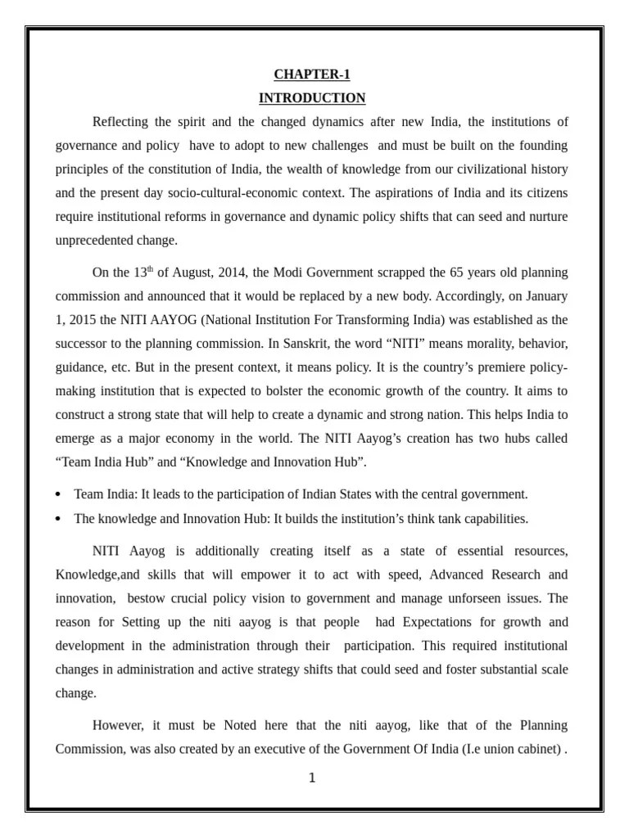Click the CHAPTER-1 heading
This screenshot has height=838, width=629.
(312, 75)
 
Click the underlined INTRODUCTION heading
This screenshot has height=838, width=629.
(312, 98)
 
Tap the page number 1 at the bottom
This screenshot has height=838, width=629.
(312, 778)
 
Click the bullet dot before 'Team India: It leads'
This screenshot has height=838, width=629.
(59, 495)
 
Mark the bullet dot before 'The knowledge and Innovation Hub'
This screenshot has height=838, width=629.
(59, 519)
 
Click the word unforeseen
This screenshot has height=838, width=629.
(469, 598)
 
